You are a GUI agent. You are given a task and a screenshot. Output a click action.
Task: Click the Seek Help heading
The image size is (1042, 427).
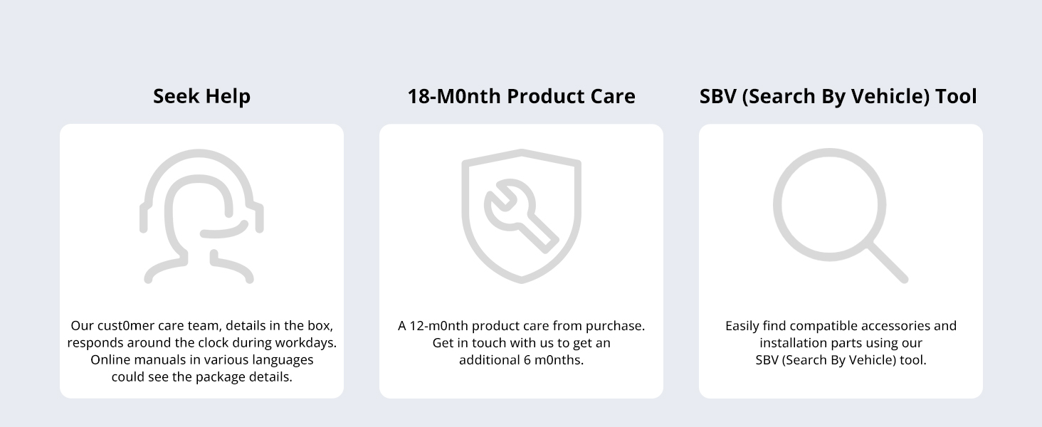(202, 97)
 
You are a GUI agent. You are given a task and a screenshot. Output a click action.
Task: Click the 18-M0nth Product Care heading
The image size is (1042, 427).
(522, 97)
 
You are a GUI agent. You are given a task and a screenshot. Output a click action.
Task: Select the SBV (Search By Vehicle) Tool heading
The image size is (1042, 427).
(838, 97)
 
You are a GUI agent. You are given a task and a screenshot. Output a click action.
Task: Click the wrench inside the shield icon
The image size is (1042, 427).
(522, 216)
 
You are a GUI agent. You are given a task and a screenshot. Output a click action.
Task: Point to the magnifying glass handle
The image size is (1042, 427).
(888, 263)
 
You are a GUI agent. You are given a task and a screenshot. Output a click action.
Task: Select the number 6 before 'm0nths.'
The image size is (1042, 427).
(527, 360)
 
